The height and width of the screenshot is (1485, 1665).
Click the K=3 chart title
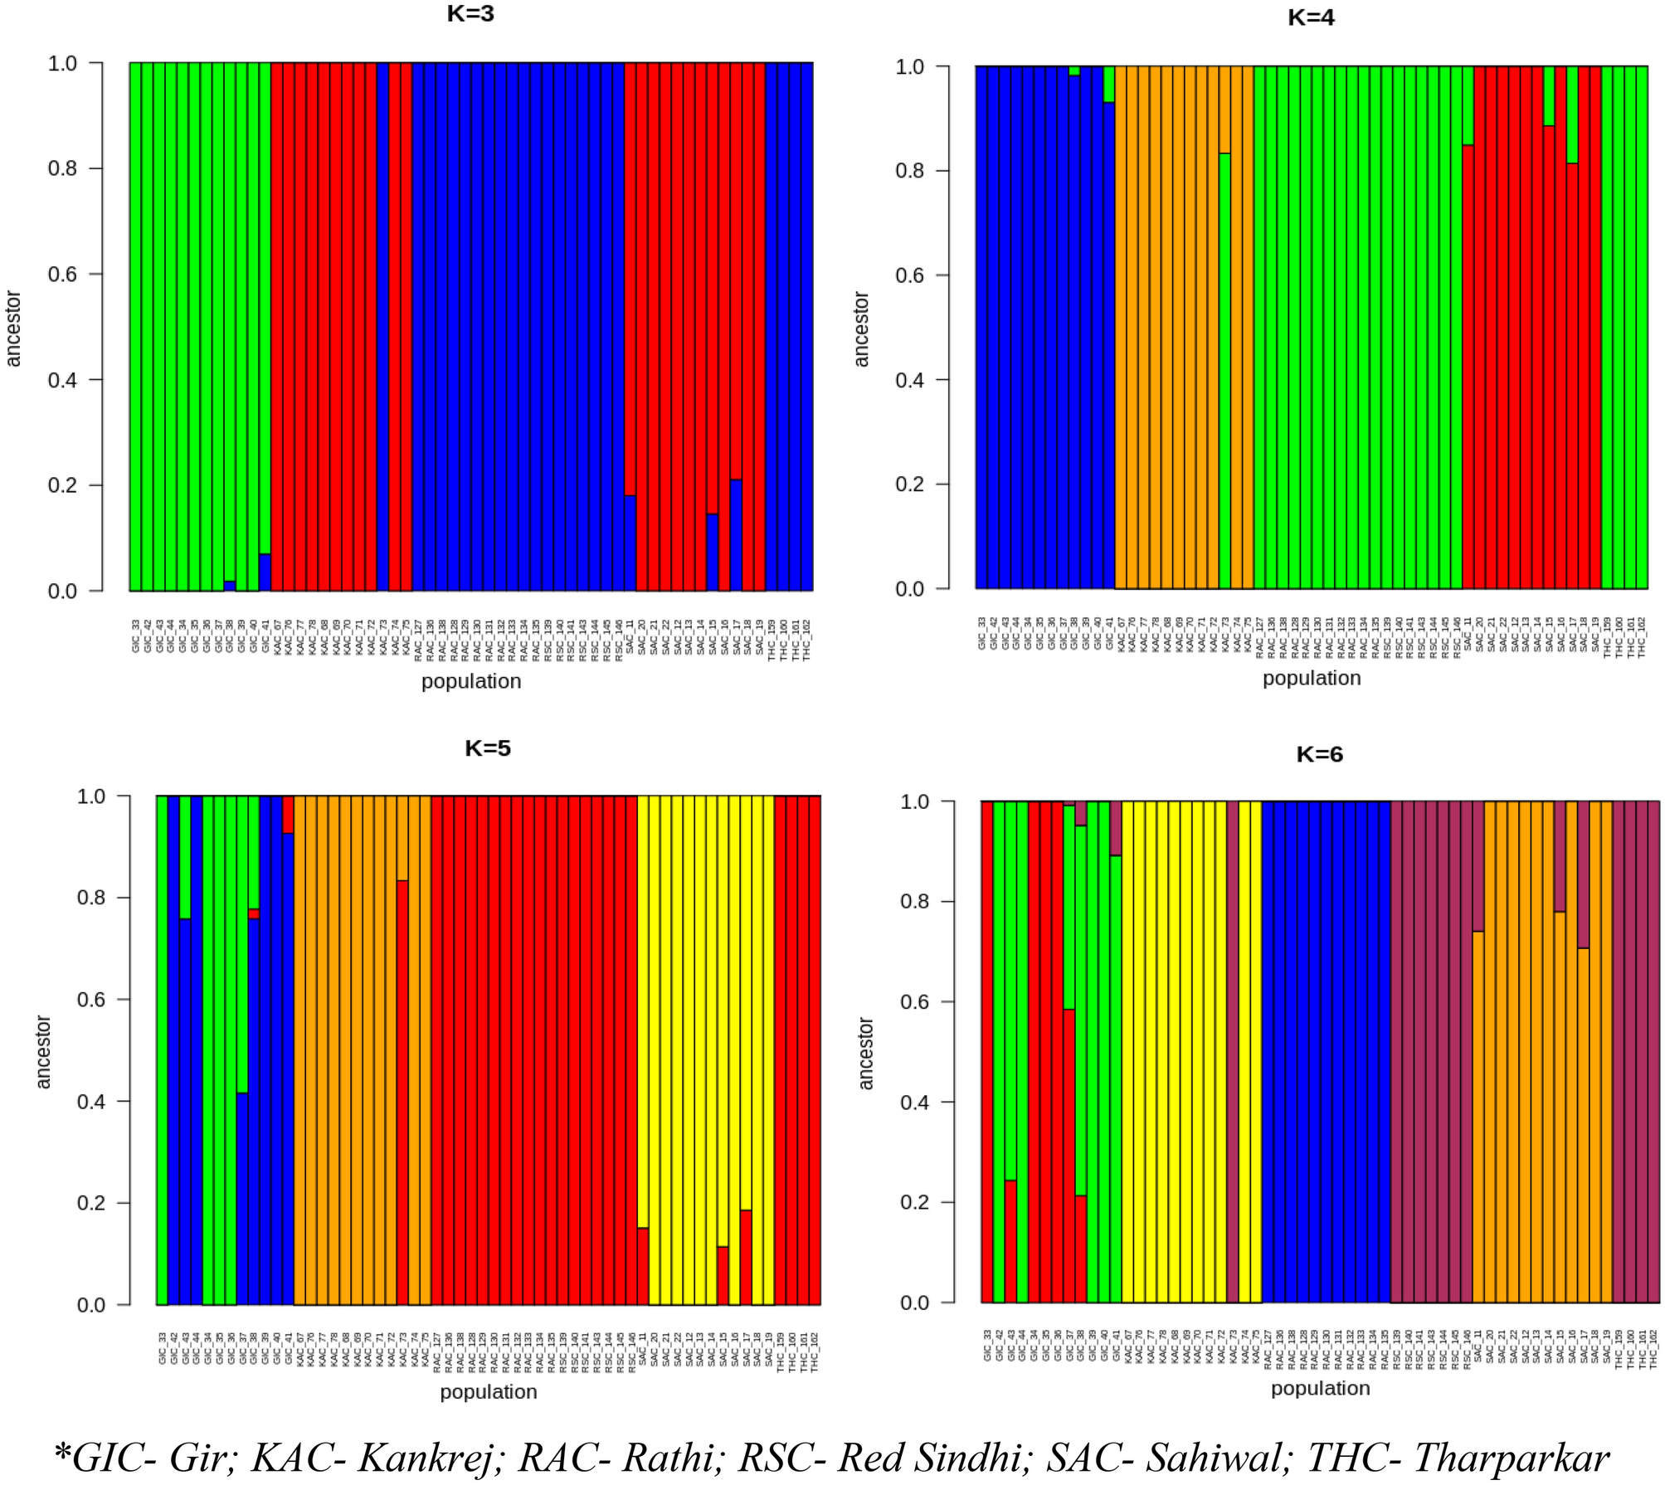[x=470, y=14]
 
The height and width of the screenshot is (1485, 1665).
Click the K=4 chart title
[x=1311, y=17]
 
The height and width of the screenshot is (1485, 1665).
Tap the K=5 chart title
[x=488, y=748]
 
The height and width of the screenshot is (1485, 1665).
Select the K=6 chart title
[x=1319, y=754]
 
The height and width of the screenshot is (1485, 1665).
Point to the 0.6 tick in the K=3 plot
[x=62, y=275]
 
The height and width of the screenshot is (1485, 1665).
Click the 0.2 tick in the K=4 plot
[x=910, y=484]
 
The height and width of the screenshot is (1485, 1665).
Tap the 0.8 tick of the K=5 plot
[x=91, y=898]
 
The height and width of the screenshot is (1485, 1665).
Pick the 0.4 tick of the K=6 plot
[x=915, y=1103]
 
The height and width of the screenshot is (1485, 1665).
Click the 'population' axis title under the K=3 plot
[x=471, y=681]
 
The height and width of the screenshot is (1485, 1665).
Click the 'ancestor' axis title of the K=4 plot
[x=861, y=329]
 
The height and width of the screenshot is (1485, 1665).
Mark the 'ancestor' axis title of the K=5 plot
[x=43, y=1052]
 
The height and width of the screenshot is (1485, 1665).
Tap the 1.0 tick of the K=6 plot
[x=915, y=801]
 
